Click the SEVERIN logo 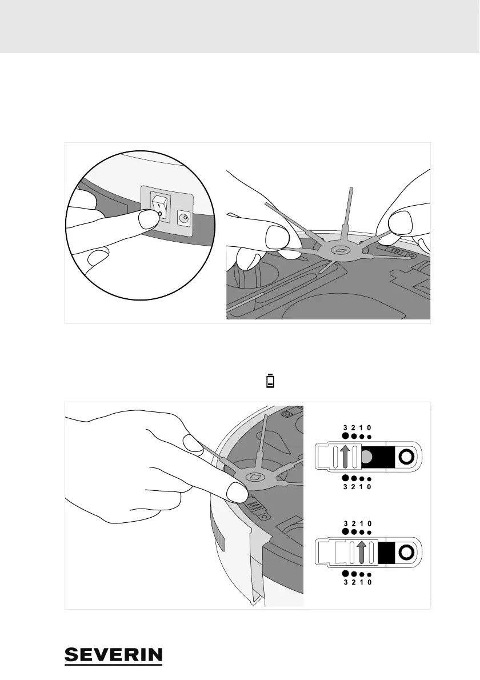tap(114, 656)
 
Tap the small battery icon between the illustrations tap(270, 382)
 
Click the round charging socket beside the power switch tap(185, 217)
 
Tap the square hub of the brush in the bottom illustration tap(254, 477)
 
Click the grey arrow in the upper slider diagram tap(345, 457)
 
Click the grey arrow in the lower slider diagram tap(361, 553)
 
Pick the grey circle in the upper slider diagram tap(369, 456)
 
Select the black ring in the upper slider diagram tap(406, 457)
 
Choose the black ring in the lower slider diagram tap(406, 553)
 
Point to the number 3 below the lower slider tap(345, 583)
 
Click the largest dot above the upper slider tap(345, 435)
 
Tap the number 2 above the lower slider tap(354, 523)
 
